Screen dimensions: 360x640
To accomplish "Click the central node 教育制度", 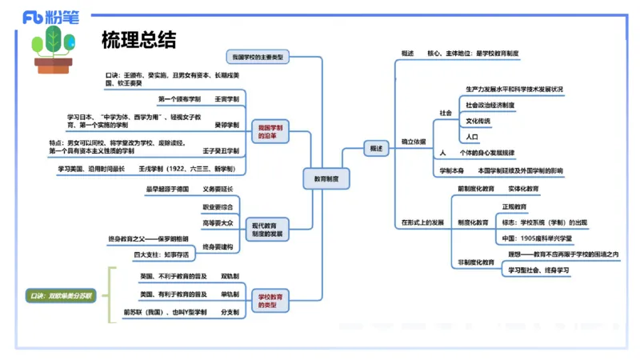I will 326,181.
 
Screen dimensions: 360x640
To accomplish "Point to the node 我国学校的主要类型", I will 257,58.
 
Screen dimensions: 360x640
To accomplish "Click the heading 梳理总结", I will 138,39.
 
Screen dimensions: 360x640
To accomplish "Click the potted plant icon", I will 54,50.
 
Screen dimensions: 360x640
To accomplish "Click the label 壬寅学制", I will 227,99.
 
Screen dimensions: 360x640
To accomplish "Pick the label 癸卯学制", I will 227,126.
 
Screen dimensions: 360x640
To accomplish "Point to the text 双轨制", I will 230,276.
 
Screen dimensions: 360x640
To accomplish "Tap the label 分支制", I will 230,312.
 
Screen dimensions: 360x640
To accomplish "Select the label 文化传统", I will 478,121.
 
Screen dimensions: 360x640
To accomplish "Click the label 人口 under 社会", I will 472,137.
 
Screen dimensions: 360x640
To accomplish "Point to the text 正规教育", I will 514,206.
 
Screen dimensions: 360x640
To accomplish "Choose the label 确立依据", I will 414,142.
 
